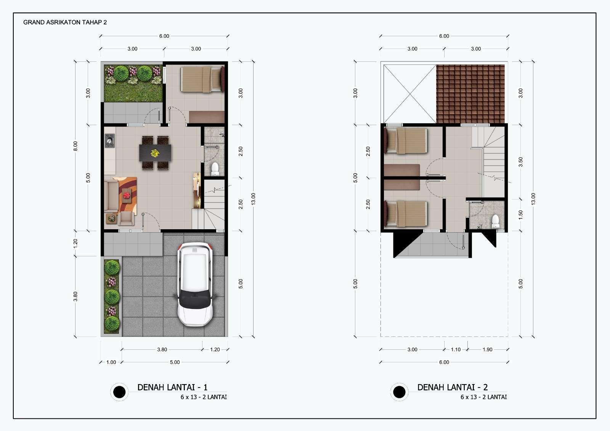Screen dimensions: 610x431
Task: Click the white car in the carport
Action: pyautogui.click(x=195, y=284)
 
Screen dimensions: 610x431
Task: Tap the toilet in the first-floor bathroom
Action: pyautogui.click(x=215, y=169)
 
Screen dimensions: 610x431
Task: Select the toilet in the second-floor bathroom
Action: pyautogui.click(x=495, y=222)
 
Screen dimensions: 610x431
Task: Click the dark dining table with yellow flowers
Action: pyautogui.click(x=155, y=153)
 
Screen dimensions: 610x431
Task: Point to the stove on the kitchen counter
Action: pyautogui.click(x=110, y=141)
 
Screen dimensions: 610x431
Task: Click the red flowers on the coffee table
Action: pyautogui.click(x=126, y=195)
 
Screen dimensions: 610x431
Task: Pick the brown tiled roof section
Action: pyautogui.click(x=470, y=94)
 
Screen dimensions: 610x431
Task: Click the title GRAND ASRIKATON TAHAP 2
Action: pyautogui.click(x=65, y=23)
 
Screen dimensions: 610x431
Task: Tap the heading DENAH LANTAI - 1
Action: pyautogui.click(x=172, y=387)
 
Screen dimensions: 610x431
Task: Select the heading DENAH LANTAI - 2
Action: pyautogui.click(x=452, y=387)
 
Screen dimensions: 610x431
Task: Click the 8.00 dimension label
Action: pyautogui.click(x=75, y=146)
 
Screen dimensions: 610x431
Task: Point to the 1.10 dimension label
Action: pyautogui.click(x=456, y=349)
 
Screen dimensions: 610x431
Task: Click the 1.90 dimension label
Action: pyautogui.click(x=488, y=349)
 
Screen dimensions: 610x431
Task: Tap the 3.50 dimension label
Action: pyautogui.click(x=521, y=162)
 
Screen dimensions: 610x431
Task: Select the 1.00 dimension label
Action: pyautogui.click(x=111, y=362)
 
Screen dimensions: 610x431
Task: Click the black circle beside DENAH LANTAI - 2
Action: pyautogui.click(x=399, y=392)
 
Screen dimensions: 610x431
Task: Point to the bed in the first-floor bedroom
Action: pyautogui.click(x=202, y=79)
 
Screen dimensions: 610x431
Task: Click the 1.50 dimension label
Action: pyautogui.click(x=521, y=215)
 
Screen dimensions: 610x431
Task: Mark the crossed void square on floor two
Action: pyautogui.click(x=410, y=94)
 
